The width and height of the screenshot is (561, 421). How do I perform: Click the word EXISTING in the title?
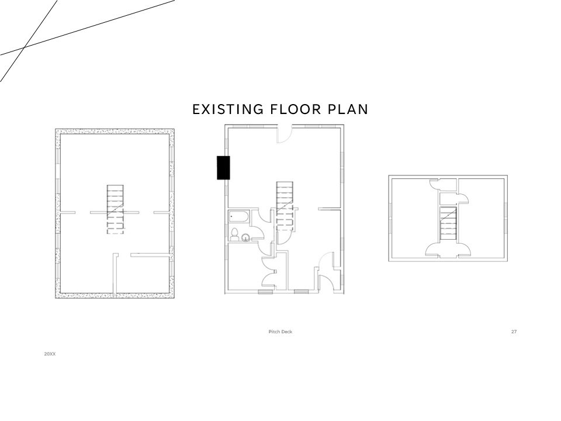coord(228,109)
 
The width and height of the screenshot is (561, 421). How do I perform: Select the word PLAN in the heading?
coord(348,109)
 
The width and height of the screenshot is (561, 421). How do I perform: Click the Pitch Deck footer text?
coord(280,332)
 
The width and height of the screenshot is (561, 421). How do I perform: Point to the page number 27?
coord(514,332)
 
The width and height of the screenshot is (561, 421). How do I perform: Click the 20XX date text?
coord(50,354)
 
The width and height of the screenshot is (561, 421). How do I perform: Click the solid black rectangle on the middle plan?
coord(223,168)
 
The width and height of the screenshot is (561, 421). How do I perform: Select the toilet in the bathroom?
coord(235,233)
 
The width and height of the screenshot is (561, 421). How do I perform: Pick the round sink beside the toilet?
coord(246,237)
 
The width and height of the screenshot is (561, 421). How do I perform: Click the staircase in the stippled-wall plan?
coord(115,209)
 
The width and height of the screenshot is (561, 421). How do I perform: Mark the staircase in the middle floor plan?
coord(285,206)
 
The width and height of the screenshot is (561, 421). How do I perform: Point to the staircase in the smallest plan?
coord(448,223)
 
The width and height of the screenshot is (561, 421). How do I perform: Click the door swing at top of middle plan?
coord(285,134)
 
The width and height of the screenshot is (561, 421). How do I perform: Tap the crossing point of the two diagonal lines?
coord(24,47)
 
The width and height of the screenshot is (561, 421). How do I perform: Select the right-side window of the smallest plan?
coord(506,216)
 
